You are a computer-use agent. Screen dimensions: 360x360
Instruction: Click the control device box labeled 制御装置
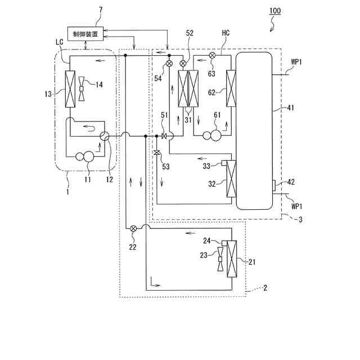click(x=84, y=34)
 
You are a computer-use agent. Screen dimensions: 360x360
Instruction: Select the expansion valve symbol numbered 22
click(x=133, y=228)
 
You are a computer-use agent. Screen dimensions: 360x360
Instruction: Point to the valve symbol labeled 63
click(x=213, y=56)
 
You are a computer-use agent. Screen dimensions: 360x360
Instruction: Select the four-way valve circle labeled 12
click(x=104, y=136)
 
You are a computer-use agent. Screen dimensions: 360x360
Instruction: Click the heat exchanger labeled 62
click(x=230, y=88)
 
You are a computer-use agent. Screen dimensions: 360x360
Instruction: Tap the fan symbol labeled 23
click(x=220, y=263)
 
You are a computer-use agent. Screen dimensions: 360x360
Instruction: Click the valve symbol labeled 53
click(x=157, y=152)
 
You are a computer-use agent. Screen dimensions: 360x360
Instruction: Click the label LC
click(x=60, y=42)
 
